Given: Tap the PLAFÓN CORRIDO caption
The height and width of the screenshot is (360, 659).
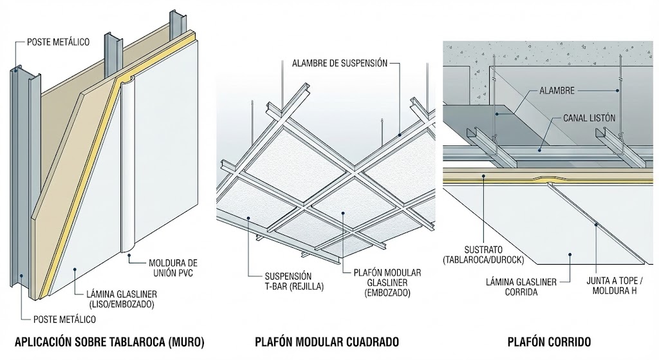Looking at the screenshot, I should (x=550, y=341).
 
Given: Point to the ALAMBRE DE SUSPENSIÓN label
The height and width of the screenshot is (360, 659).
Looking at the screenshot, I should (x=340, y=63).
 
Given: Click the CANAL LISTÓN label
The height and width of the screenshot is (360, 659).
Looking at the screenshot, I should (x=589, y=119).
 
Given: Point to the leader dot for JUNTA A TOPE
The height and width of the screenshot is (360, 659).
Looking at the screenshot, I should (x=596, y=225).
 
